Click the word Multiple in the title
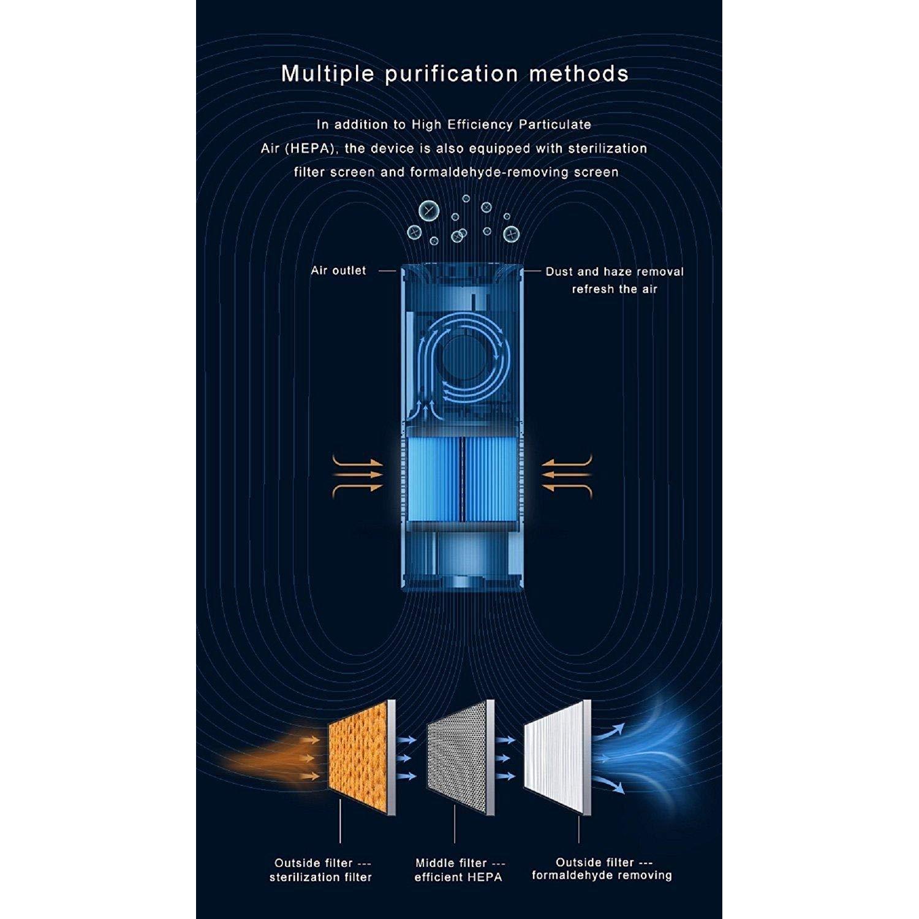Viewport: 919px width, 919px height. (x=328, y=74)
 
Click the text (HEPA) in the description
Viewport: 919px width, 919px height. (x=300, y=149)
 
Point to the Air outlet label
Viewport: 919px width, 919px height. (x=338, y=270)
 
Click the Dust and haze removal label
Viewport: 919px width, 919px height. (x=615, y=271)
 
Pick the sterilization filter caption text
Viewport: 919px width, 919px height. (x=320, y=877)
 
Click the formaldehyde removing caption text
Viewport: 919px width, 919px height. (x=602, y=876)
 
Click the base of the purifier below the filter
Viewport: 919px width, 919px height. (x=463, y=558)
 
